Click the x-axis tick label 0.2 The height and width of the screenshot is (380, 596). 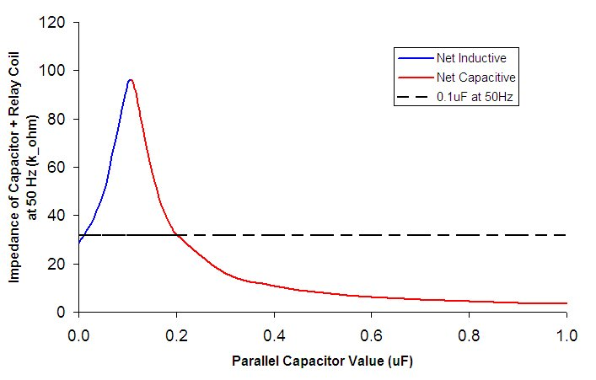[x=175, y=335]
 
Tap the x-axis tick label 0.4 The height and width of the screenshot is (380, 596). [x=273, y=335]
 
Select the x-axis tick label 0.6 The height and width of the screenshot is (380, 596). [x=371, y=335]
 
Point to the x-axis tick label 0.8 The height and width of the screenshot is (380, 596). [x=469, y=335]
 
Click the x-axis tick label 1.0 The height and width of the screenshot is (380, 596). [x=566, y=335]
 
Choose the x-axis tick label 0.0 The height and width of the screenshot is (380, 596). [x=78, y=335]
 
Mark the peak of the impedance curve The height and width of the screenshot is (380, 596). [x=131, y=80]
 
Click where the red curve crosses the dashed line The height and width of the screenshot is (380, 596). [x=175, y=234]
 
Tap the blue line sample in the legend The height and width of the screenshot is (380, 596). [x=413, y=59]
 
